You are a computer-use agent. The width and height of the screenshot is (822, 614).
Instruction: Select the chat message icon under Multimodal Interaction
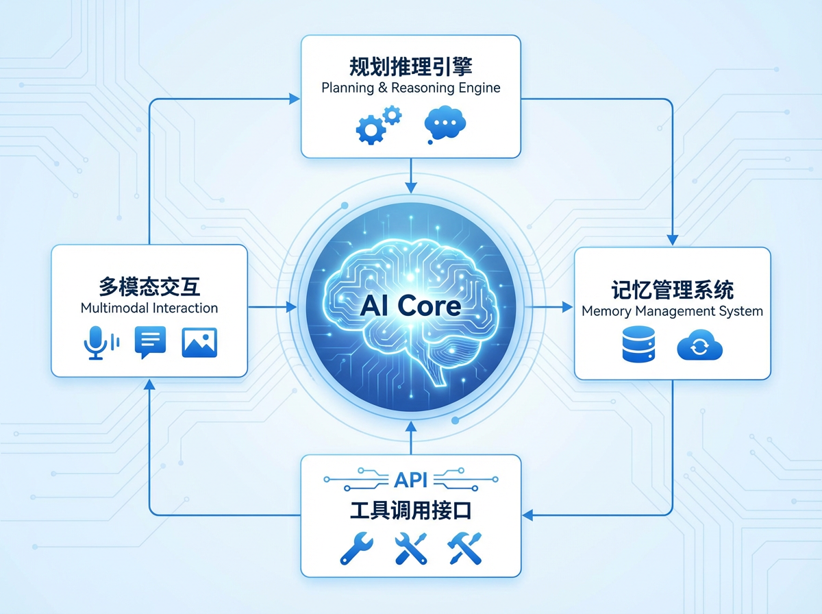tap(150, 341)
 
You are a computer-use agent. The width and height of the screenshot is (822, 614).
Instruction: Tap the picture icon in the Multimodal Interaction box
tap(199, 341)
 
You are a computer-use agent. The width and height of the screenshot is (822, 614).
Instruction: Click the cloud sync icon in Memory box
tap(699, 347)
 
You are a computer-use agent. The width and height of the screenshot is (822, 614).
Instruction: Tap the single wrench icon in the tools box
tap(357, 549)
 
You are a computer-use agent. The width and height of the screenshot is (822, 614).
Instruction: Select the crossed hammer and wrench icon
tap(465, 549)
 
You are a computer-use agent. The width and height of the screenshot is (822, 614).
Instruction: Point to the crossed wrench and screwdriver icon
tap(411, 549)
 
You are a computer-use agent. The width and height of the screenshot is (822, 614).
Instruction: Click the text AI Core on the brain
tap(410, 305)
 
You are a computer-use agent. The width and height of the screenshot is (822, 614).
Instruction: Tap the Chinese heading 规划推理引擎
tap(411, 66)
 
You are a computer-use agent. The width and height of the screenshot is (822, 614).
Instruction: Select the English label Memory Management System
tap(672, 311)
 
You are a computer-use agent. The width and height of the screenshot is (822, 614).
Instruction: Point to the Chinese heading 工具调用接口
tap(411, 511)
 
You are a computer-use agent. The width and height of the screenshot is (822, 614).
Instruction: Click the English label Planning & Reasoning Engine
tap(411, 88)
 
